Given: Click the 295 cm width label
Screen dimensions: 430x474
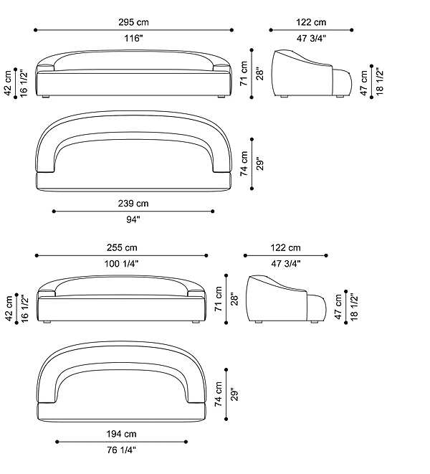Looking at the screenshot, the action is click(133, 22).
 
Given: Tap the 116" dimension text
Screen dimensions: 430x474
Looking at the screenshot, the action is click(133, 39).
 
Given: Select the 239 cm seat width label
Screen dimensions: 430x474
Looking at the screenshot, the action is click(133, 204).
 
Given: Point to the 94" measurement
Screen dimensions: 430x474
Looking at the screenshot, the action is click(133, 219).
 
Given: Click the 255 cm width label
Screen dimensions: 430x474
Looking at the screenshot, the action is click(122, 248).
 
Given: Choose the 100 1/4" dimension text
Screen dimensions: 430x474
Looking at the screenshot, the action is click(121, 264).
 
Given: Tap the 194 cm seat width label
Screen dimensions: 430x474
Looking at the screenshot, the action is click(121, 434).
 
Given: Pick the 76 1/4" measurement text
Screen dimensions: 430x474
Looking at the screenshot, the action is click(121, 450).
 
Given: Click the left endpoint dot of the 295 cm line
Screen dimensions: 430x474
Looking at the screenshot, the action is click(36, 30).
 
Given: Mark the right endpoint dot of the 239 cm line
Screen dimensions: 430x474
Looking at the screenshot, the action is click(213, 212).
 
